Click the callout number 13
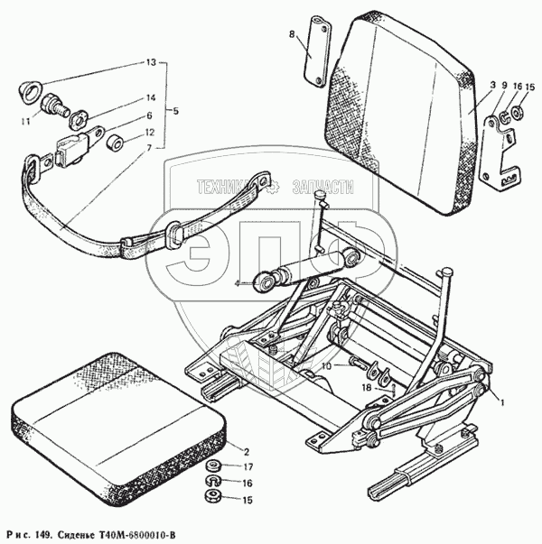click(150, 63)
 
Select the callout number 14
click(150, 97)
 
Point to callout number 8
click(292, 34)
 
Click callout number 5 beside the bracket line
click(175, 111)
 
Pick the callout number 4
click(237, 283)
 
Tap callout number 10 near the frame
click(327, 366)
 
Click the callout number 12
click(150, 133)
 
